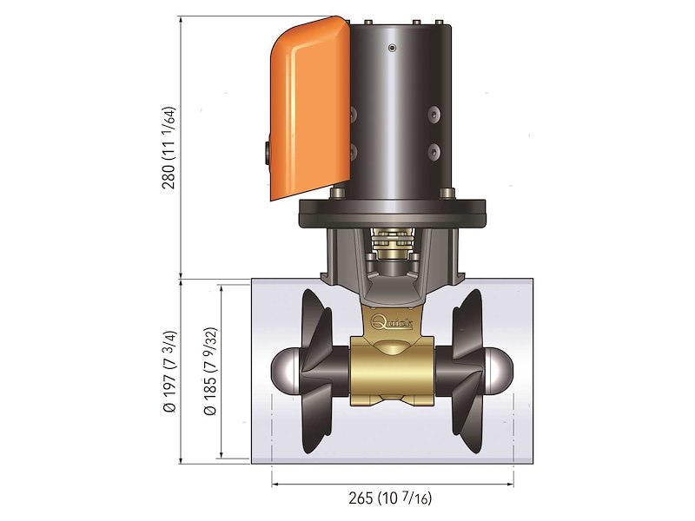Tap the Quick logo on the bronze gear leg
(x=392, y=322)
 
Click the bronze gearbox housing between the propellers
(x=392, y=369)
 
